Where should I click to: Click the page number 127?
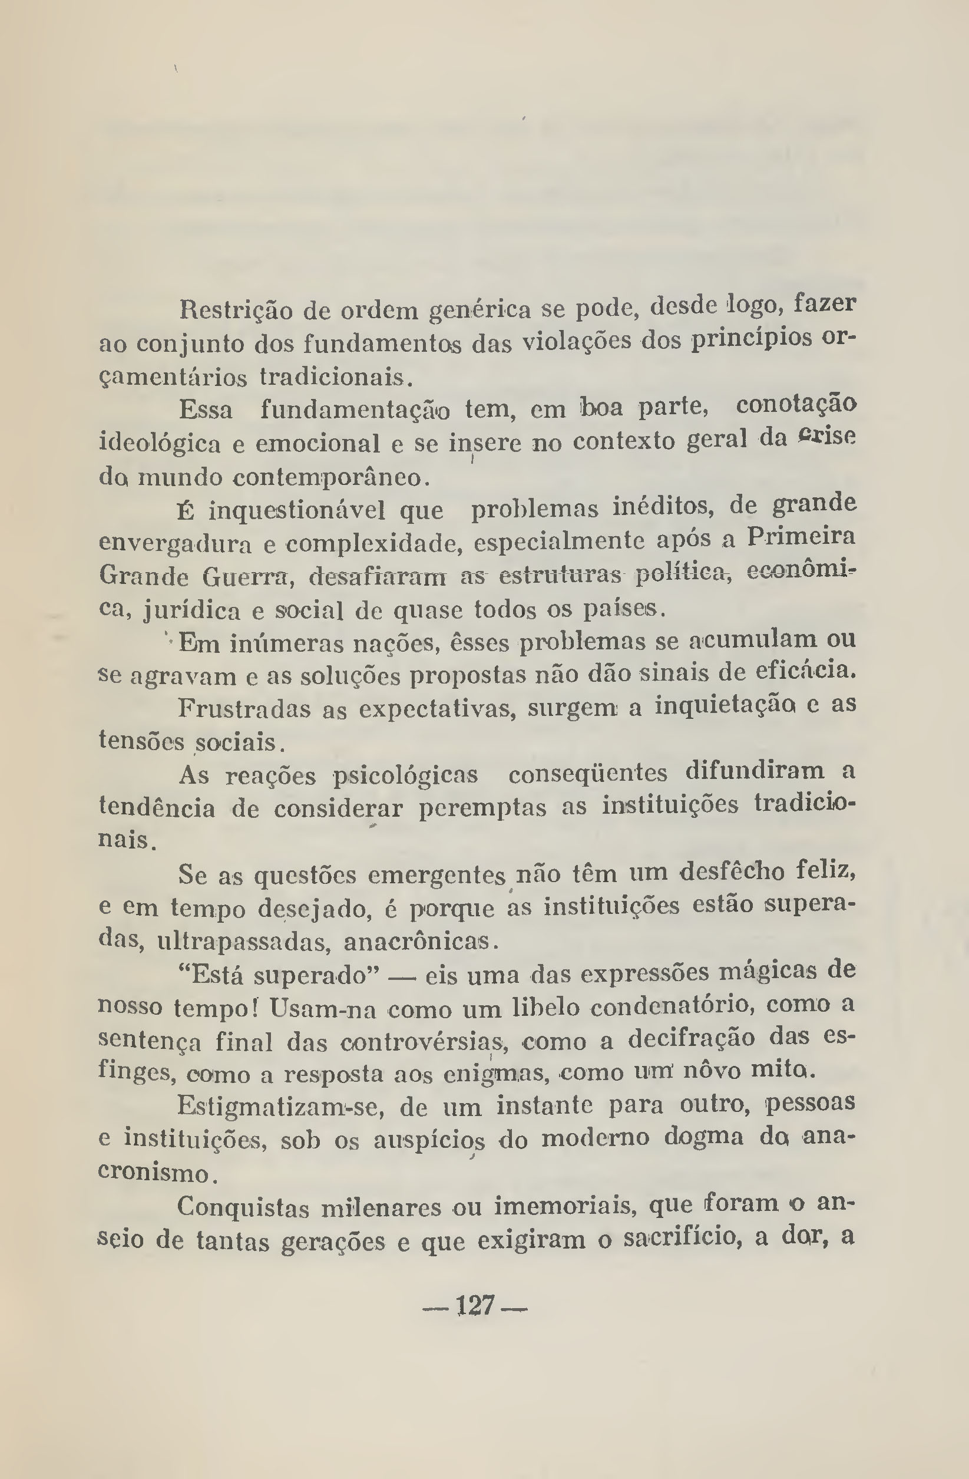tap(475, 1306)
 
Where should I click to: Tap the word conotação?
tap(796, 407)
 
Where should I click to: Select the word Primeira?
tap(801, 536)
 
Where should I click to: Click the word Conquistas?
tap(243, 1207)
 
